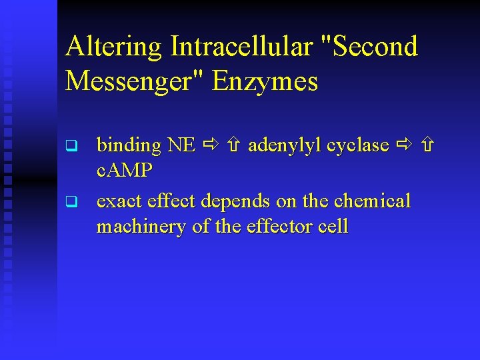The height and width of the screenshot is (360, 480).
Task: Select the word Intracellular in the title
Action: pos(241,47)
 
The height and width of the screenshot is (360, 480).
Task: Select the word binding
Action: pos(129,145)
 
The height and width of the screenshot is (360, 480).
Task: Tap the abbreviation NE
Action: pos(181,145)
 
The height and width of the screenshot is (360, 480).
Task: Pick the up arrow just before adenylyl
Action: pos(234,145)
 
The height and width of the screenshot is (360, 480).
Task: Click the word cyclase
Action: pos(361,145)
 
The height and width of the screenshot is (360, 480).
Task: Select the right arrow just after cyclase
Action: pos(405,145)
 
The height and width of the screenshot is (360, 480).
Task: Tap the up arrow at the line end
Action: pos(427,145)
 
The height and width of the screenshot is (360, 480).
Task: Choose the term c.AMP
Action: pos(125,171)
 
